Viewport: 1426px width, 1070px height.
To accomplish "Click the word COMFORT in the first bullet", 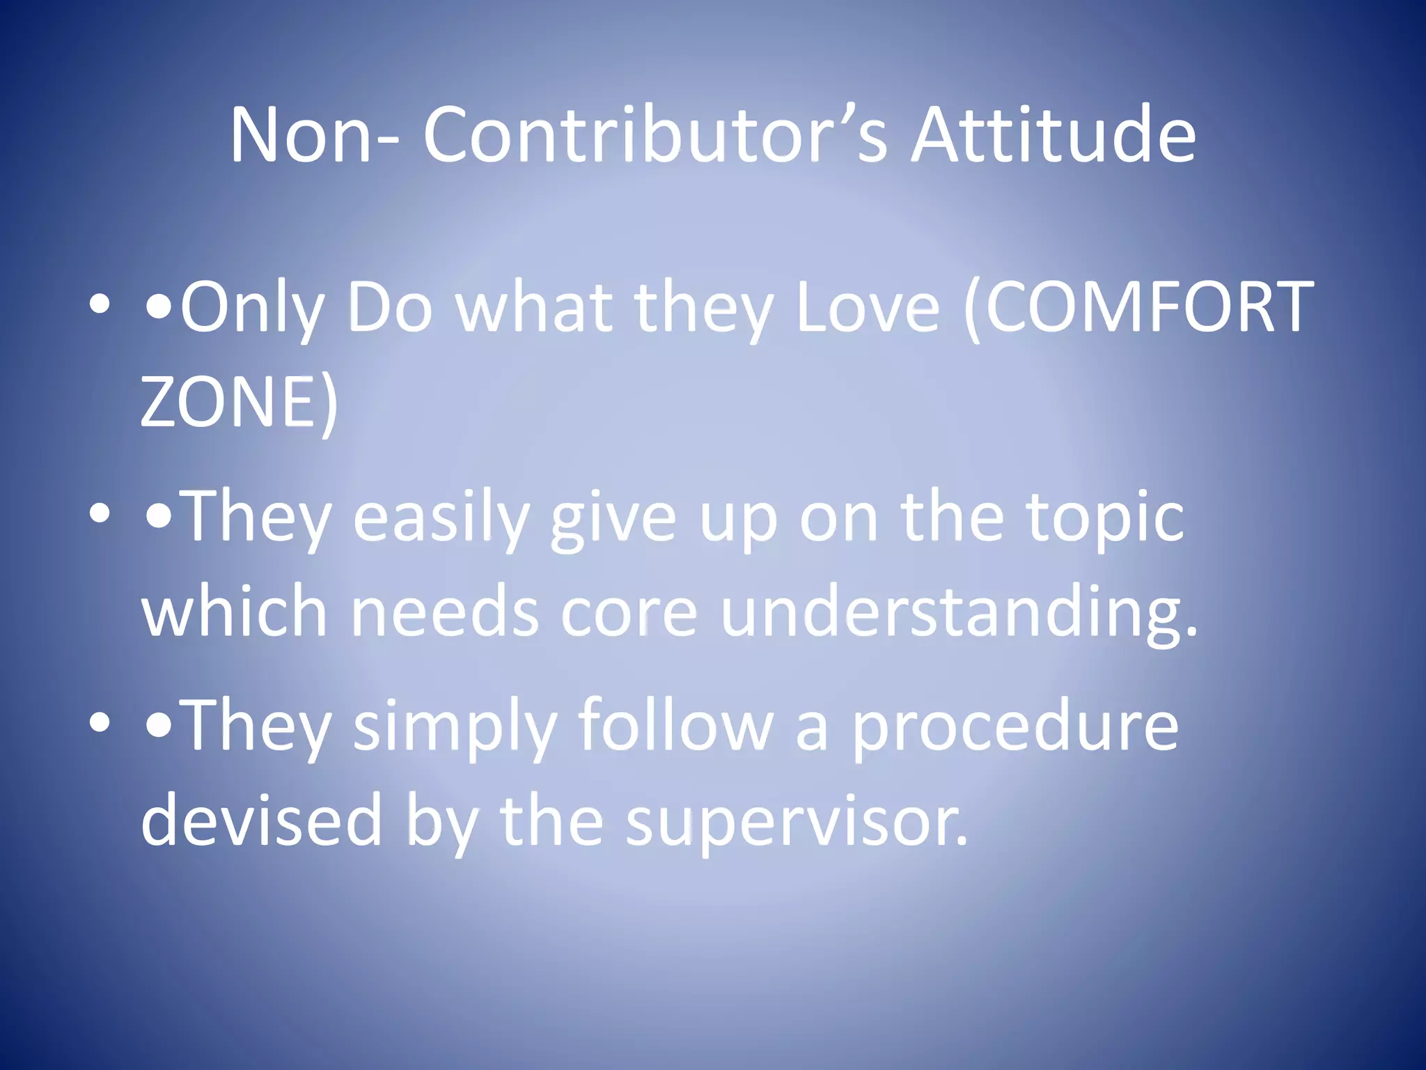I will [x=1149, y=307].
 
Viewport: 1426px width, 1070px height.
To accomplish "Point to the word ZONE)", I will [x=239, y=403].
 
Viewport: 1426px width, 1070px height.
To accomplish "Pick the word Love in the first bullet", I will [x=867, y=307].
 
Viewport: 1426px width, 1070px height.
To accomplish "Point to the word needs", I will [x=444, y=612].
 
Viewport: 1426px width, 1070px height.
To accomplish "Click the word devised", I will [x=262, y=821].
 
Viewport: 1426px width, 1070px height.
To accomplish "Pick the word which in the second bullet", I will [x=234, y=612].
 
